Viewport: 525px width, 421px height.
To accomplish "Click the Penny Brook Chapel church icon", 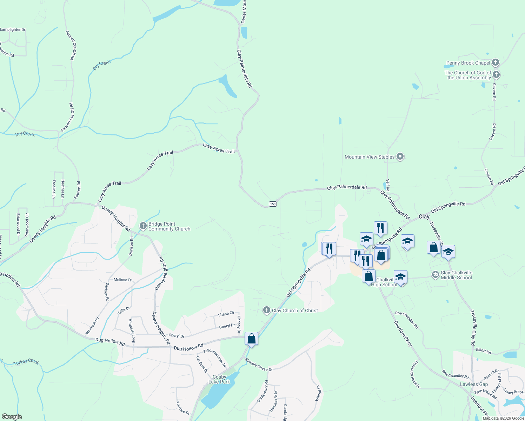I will click(495, 63).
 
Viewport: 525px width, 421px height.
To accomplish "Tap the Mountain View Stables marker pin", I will click(400, 157).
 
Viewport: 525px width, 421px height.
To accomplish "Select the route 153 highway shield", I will click(273, 204).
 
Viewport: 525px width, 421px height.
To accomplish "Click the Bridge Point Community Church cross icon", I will click(143, 226).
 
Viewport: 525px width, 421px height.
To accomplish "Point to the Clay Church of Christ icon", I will click(266, 310).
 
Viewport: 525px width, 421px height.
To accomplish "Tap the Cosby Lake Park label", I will click(219, 379).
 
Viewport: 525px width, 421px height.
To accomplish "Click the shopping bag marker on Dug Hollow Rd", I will click(251, 339).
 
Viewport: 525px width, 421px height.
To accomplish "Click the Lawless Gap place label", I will click(474, 384).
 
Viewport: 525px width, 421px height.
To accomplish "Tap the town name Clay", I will click(424, 216).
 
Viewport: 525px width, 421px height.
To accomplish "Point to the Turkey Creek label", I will click(26, 362).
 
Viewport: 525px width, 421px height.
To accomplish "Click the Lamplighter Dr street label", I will click(13, 29).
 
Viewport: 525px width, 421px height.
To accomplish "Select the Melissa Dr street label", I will click(123, 280).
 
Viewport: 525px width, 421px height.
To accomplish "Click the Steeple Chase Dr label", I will click(259, 365).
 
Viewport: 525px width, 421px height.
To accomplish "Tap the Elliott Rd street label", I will click(484, 350).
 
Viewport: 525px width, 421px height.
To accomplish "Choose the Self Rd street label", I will click(388, 185).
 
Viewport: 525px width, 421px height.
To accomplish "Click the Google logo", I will click(12, 417).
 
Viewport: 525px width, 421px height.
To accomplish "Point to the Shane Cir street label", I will click(226, 314).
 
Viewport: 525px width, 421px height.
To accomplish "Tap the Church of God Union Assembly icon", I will click(496, 75).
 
